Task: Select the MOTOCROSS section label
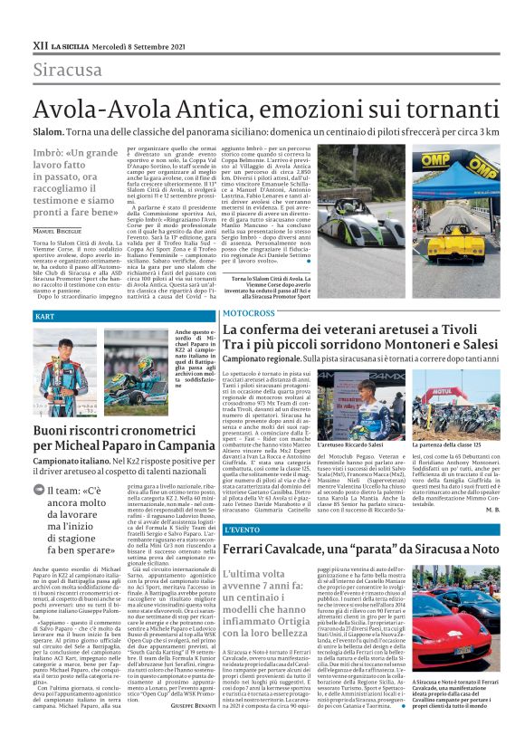[x=249, y=312]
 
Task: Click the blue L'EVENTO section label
[x=242, y=528]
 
